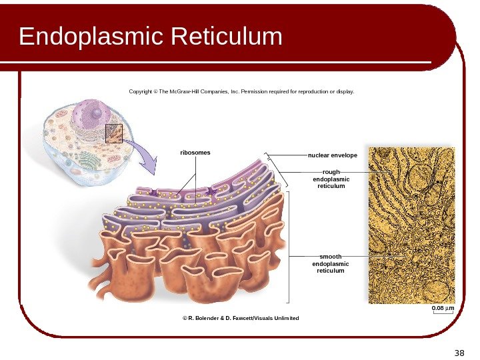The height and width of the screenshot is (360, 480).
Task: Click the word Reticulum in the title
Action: [227, 37]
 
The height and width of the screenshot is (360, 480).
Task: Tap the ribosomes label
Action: [195, 153]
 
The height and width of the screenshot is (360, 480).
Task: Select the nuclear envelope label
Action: [332, 155]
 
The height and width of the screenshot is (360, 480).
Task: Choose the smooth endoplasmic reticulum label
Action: [331, 263]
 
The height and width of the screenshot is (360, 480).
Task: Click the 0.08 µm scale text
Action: [443, 308]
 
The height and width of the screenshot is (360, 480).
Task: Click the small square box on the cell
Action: [114, 133]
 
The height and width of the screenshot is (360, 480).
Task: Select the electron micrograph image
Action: [411, 225]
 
